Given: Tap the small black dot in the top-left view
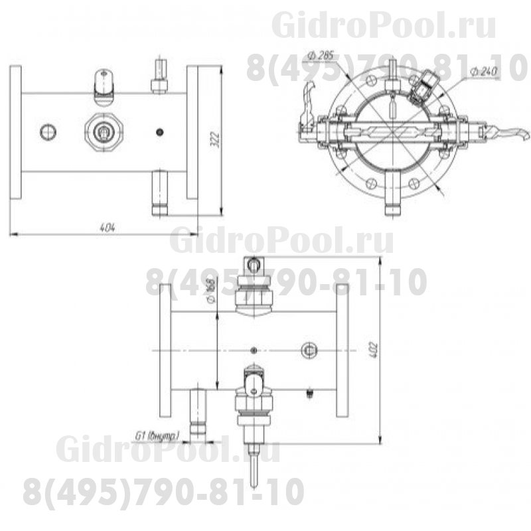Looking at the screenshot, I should pyautogui.click(x=159, y=132).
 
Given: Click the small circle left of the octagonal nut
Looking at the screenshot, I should pyautogui.click(x=48, y=132).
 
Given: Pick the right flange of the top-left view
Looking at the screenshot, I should pyautogui.click(x=192, y=132).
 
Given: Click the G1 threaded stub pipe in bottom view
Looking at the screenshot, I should pyautogui.click(x=198, y=412).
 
